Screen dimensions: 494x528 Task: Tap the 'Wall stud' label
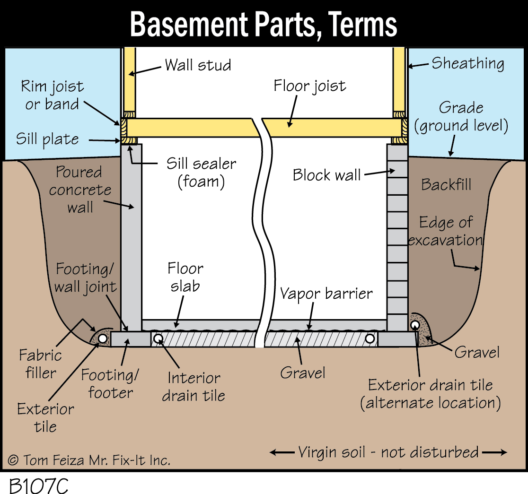coord(198,65)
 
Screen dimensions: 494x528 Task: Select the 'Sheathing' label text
coord(467,63)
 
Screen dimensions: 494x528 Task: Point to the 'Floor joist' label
coord(310,87)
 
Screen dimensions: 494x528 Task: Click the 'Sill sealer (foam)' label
coord(201,173)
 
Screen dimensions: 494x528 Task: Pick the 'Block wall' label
coord(326,175)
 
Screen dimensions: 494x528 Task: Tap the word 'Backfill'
coord(446,184)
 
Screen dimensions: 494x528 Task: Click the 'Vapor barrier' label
coord(326,294)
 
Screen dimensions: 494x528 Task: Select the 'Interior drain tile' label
coord(194,386)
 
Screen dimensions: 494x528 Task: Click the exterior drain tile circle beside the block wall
coord(415,325)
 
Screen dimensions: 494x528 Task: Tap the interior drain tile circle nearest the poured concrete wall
coord(158,338)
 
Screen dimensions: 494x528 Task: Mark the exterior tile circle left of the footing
coord(103,338)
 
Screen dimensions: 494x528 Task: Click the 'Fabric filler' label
coord(40,364)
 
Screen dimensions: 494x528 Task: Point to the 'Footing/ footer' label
coord(110,383)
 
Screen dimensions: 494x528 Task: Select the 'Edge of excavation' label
coord(445,231)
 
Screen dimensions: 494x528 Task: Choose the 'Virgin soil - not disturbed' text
coord(388,452)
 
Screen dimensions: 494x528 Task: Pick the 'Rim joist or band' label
coord(52,95)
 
